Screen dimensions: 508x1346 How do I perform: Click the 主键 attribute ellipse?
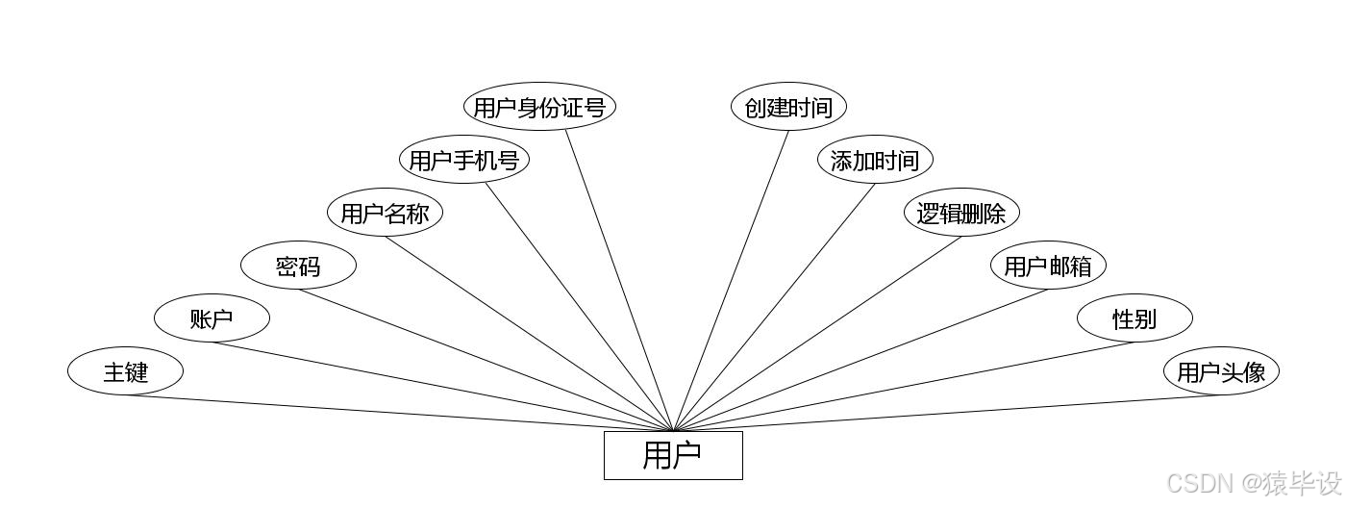(x=125, y=371)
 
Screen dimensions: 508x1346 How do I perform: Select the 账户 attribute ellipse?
(x=212, y=318)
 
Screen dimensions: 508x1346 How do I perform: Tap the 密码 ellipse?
(x=298, y=267)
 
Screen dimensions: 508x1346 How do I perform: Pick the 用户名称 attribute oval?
(x=385, y=213)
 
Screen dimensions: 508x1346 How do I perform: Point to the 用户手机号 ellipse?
(x=464, y=160)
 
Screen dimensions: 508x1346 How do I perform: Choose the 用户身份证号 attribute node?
(x=539, y=107)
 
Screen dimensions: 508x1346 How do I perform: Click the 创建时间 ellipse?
(x=788, y=107)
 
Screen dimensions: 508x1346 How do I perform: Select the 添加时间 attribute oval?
(x=875, y=160)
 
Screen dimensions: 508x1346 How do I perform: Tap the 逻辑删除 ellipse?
(x=961, y=213)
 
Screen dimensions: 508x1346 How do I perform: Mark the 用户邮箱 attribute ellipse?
(x=1048, y=266)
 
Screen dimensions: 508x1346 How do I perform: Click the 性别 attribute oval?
(x=1134, y=318)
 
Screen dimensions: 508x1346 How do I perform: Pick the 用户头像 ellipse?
(x=1221, y=371)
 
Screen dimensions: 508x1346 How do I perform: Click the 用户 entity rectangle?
(x=673, y=455)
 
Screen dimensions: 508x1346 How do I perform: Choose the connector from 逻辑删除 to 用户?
(x=817, y=334)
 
